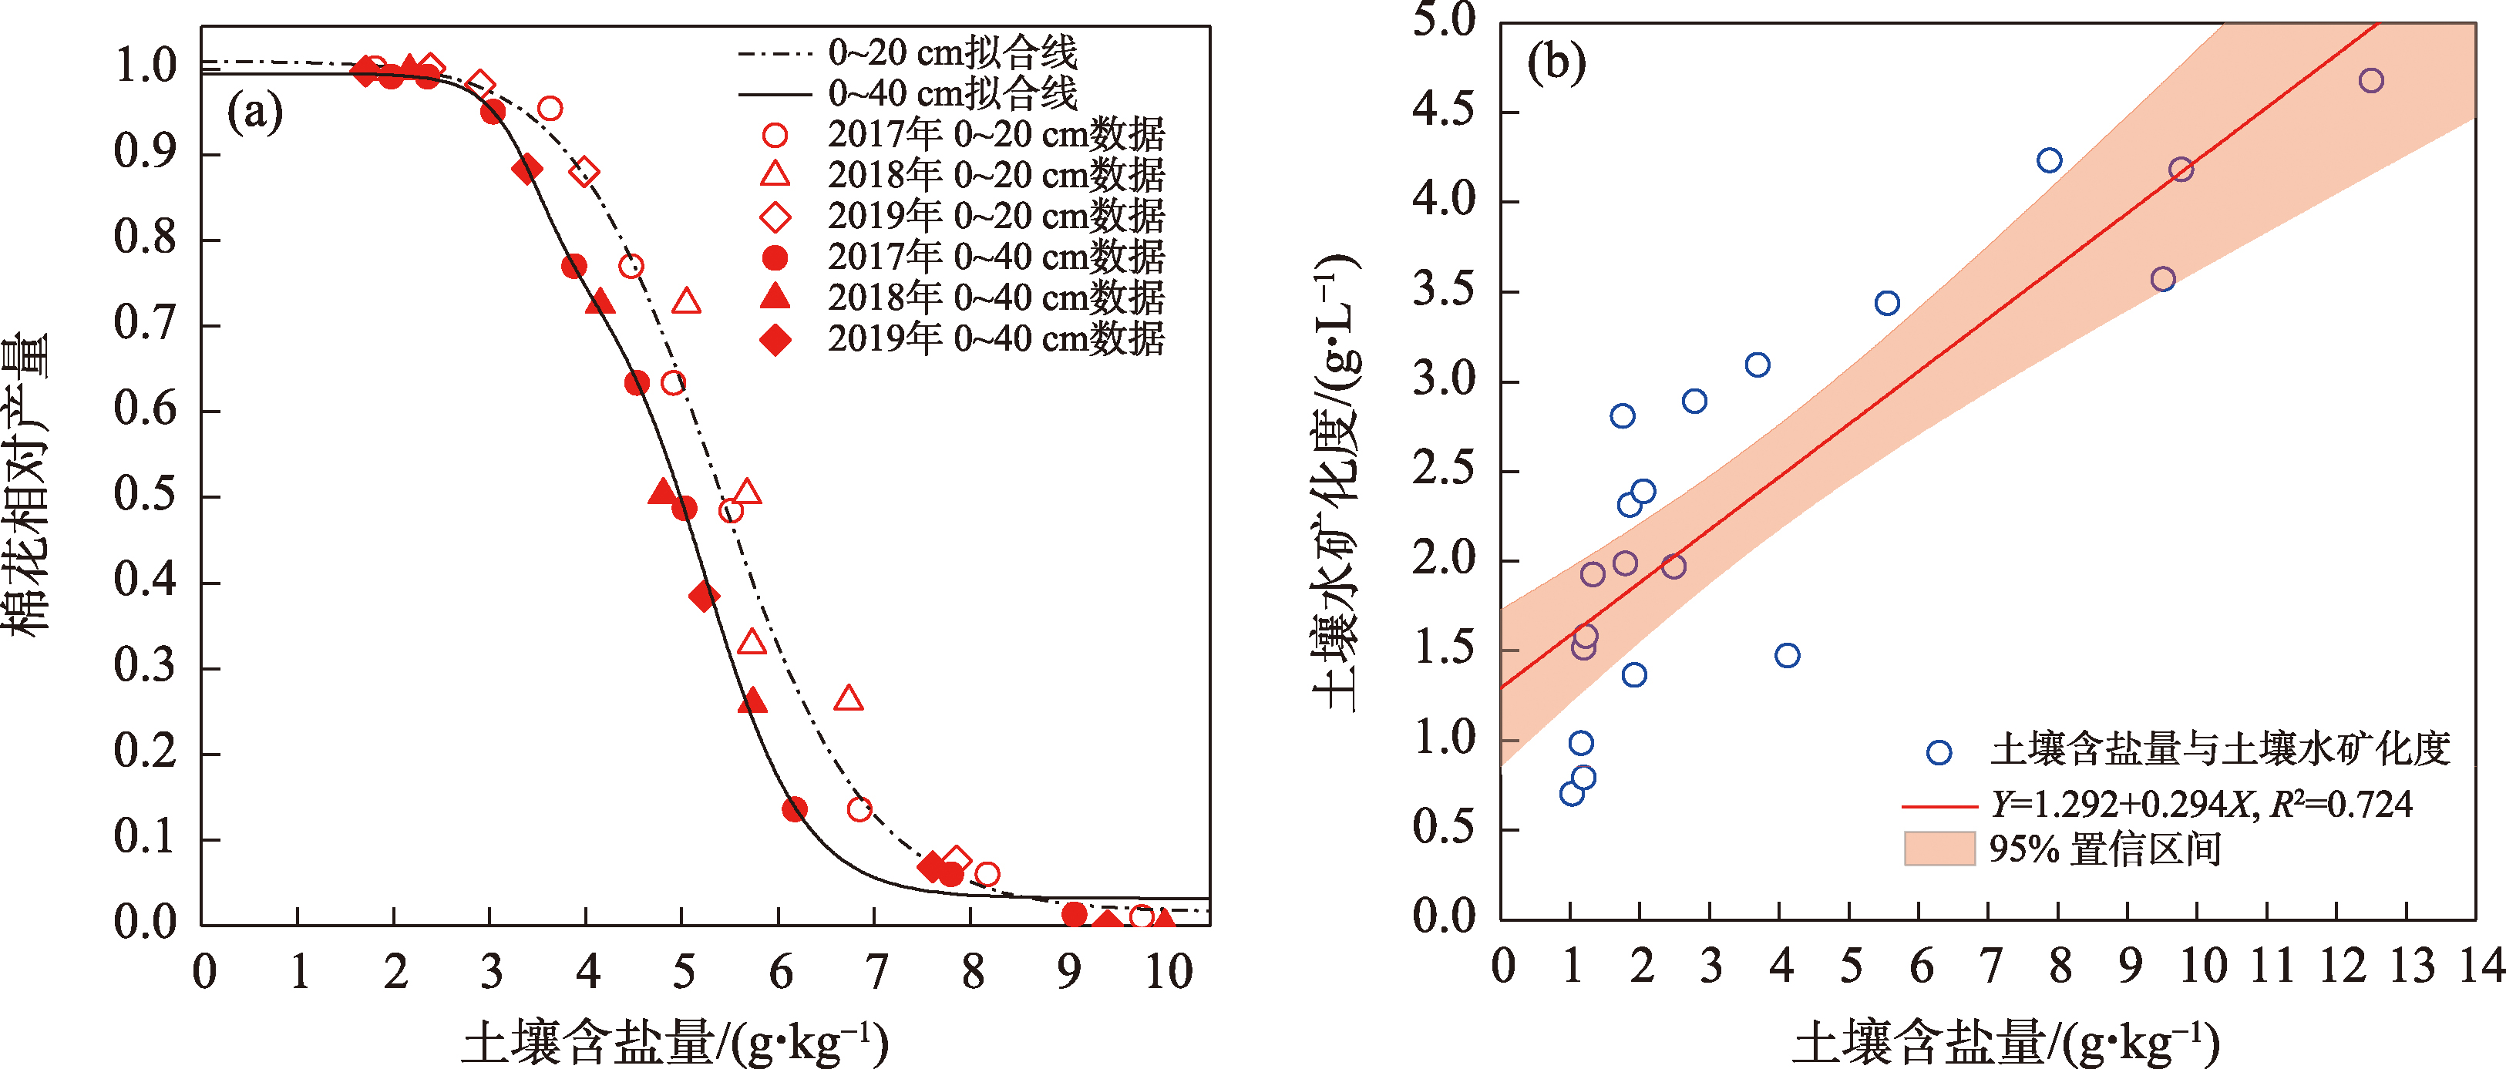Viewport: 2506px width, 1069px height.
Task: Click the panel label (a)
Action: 255,112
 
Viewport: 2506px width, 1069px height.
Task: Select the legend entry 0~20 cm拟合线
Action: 951,52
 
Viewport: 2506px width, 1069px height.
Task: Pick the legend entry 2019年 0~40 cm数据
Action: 995,339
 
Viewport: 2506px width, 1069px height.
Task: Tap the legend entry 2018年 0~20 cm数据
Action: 995,176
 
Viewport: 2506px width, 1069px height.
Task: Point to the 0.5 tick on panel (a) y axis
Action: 145,495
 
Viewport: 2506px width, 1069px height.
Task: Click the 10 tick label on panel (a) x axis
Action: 1167,972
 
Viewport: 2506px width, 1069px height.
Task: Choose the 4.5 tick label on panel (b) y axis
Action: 1444,111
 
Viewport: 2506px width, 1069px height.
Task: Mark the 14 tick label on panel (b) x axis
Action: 2481,966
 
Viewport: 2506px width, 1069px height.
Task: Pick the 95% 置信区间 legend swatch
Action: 1939,849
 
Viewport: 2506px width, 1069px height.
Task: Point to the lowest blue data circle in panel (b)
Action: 1572,794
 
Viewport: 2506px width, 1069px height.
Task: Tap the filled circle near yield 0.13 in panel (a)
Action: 795,808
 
